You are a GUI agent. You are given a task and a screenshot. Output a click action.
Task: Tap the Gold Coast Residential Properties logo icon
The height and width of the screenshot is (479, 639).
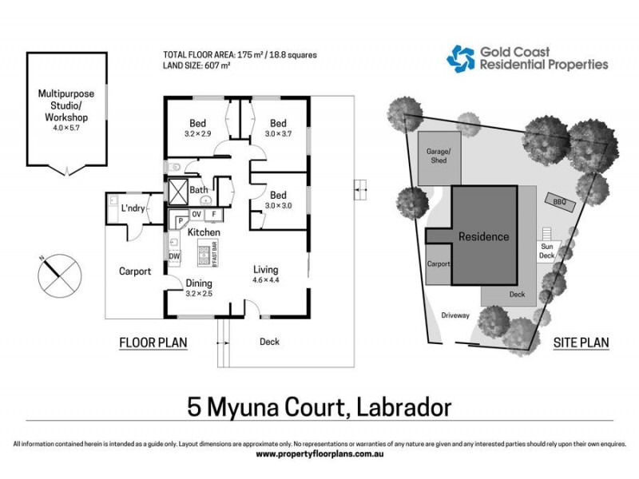pos(461,58)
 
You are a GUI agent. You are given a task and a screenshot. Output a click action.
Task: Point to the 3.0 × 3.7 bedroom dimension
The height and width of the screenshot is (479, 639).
pos(277,135)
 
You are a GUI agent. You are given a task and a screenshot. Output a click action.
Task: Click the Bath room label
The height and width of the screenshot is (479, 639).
pos(199,190)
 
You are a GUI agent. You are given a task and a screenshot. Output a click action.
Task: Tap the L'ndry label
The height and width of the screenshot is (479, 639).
pos(131,209)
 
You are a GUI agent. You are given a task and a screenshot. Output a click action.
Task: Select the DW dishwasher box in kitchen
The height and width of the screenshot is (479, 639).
pos(174,255)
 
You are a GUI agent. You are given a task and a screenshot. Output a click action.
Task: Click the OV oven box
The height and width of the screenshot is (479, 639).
pos(196,214)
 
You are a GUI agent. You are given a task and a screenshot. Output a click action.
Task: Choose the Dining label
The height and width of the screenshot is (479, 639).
pos(199,283)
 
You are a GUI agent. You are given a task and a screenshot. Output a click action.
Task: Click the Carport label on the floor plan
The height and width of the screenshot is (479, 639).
pos(135,271)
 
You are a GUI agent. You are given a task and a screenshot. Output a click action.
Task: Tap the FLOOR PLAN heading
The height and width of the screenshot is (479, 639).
pos(153,343)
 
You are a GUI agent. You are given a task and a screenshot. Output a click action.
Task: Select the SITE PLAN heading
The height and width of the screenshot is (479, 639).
pos(581,343)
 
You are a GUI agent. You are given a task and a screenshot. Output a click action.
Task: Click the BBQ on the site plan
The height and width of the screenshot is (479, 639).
pos(559,202)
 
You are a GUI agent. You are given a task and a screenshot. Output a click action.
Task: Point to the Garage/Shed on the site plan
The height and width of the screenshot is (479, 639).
pos(438,156)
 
